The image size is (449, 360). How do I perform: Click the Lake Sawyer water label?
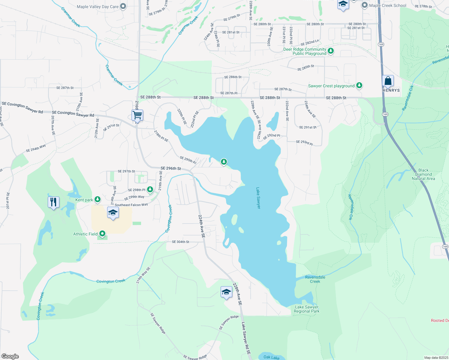258,198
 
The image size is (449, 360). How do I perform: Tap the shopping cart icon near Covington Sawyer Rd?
137,115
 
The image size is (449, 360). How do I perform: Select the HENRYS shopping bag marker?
388,81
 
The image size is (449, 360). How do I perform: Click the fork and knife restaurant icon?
53,202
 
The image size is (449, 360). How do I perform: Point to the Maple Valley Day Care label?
98,7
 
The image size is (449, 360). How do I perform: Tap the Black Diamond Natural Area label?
423,174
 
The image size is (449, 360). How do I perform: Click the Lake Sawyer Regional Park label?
306,309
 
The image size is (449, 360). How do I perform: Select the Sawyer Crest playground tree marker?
359,85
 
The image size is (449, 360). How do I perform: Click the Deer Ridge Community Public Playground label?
305,51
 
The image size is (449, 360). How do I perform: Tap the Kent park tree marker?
97,199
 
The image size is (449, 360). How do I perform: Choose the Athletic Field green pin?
102,234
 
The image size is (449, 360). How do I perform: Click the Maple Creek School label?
387,5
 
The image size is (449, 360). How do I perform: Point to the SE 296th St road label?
171,168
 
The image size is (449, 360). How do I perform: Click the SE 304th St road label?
180,242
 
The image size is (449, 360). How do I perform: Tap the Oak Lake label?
271,357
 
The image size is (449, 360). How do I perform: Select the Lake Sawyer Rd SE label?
246,338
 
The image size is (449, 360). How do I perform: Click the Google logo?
10,356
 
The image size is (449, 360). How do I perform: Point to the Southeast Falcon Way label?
131,205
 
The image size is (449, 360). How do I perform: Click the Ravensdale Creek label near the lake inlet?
315,279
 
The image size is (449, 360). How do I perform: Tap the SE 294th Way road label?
36,148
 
